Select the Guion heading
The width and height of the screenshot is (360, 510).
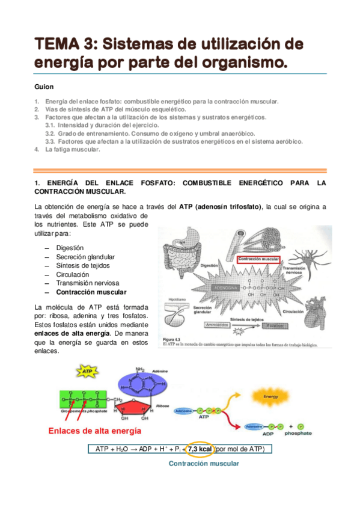(44, 87)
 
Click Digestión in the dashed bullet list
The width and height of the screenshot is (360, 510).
(70, 248)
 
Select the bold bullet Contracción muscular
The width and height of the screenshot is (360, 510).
(91, 292)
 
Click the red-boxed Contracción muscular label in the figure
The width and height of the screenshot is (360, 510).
(259, 260)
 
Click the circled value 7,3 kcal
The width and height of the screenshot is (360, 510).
(199, 449)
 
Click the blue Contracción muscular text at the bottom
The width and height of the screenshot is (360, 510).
(204, 464)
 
